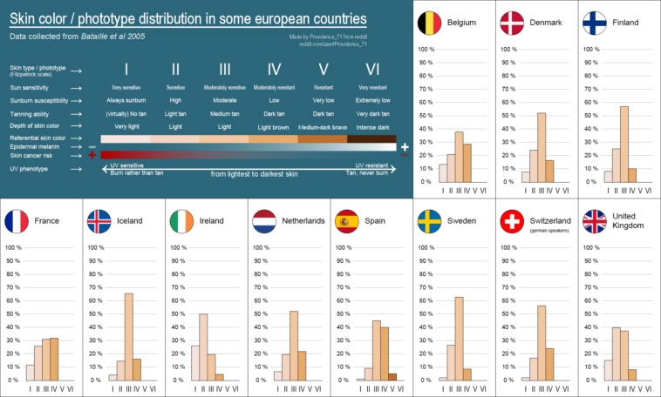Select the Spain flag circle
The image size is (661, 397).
347,221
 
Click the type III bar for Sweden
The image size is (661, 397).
459,339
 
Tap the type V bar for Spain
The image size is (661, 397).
392,377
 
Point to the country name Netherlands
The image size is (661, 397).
303,221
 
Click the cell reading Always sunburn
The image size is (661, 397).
126,101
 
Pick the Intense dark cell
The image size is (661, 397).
371,127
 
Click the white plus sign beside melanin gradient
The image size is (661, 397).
405,147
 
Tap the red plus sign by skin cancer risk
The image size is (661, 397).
92,156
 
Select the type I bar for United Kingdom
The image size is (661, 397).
608,370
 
